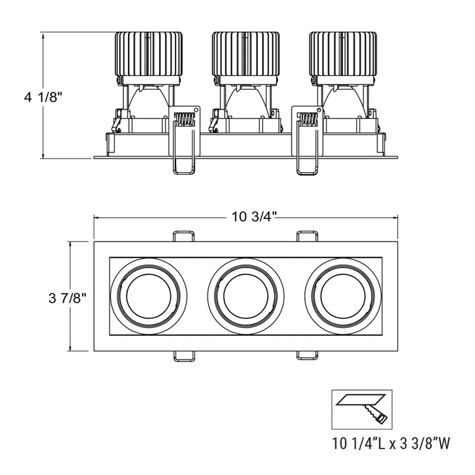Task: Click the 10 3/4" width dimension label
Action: (x=253, y=216)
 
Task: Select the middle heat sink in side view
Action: (x=245, y=53)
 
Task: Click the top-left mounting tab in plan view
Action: (x=184, y=236)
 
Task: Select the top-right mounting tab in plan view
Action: (x=307, y=236)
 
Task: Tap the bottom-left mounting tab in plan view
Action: (x=184, y=356)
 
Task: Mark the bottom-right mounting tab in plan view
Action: (x=307, y=356)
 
